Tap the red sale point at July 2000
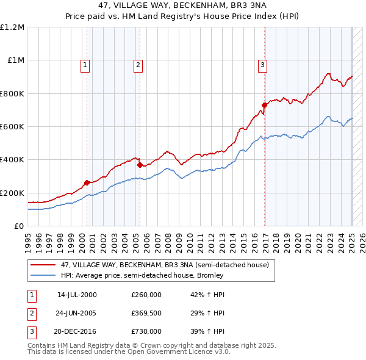87,182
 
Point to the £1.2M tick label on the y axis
12,27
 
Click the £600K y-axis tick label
12,127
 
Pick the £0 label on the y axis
20,226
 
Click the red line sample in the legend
43,265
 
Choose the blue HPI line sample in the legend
43,275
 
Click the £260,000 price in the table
146,295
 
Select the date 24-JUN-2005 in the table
77,313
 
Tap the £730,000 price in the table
146,331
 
